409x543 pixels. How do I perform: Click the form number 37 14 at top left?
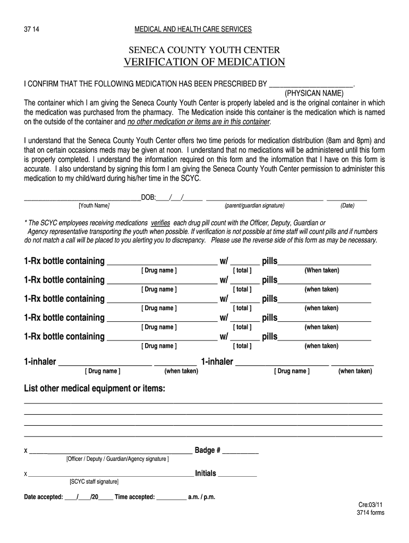coord(31,29)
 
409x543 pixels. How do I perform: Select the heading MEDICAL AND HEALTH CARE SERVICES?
coord(193,29)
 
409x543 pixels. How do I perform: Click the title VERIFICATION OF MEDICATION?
coord(204,63)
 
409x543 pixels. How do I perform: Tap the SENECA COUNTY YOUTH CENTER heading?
coord(204,50)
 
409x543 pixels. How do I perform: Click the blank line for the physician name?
coord(311,84)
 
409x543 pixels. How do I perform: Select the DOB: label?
coord(148,197)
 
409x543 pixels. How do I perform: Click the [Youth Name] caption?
coord(94,206)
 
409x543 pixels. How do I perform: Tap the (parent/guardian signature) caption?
coord(254,206)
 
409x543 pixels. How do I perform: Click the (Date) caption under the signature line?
coord(347,206)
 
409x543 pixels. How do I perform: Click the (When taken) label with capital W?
coord(321,270)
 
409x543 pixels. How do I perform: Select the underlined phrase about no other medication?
coord(199,121)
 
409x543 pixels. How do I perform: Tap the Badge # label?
coord(208,450)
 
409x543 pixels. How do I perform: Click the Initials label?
coord(206,473)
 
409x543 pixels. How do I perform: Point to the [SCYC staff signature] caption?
coord(94,481)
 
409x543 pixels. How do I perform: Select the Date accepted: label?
coord(44,497)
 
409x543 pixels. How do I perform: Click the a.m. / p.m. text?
coord(201,497)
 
